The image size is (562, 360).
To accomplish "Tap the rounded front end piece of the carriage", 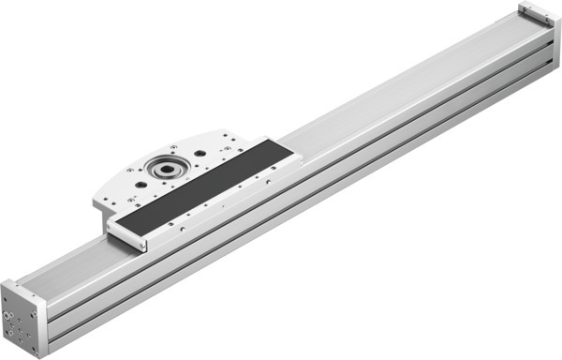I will [x=127, y=234].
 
